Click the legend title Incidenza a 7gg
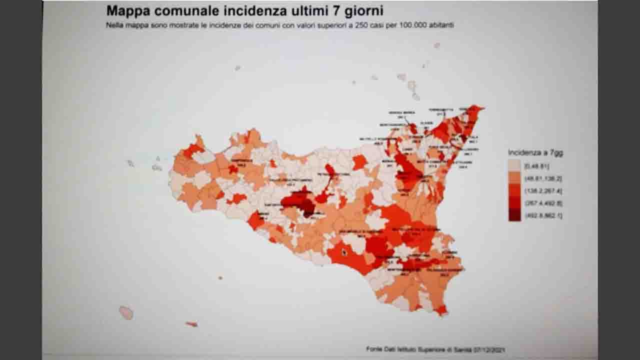click(535, 153)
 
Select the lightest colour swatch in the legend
click(514, 165)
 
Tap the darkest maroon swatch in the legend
click(514, 215)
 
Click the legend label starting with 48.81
click(543, 178)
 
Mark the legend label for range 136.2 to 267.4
click(543, 191)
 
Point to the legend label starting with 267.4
click(543, 203)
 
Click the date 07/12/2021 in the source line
click(490, 349)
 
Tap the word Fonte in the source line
click(373, 349)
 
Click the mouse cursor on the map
click(344, 252)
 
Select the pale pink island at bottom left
click(126, 313)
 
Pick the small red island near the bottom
click(191, 324)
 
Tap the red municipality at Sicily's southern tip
click(441, 310)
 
